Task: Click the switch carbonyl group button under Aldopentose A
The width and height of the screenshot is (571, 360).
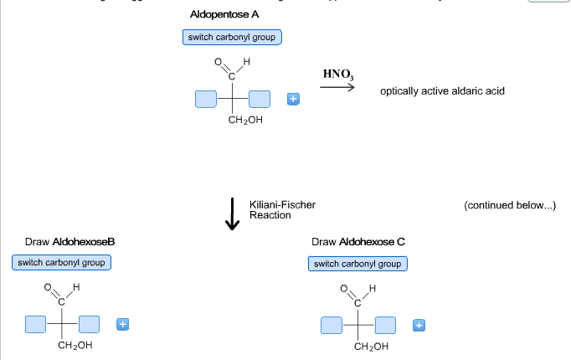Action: click(232, 37)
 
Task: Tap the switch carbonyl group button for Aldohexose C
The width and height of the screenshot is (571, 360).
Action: click(358, 264)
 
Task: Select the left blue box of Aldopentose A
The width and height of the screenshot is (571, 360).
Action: click(205, 100)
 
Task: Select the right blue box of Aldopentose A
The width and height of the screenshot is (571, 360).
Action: click(260, 100)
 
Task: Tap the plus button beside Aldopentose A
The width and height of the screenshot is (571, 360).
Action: click(292, 100)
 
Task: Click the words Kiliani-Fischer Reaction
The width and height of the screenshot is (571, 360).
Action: click(282, 209)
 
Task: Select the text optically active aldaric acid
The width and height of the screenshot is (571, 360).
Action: click(442, 90)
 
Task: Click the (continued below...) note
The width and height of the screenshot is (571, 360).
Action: click(509, 203)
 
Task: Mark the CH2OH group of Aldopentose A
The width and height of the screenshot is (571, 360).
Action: click(244, 121)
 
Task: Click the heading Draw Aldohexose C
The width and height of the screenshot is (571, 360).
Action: click(358, 242)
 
